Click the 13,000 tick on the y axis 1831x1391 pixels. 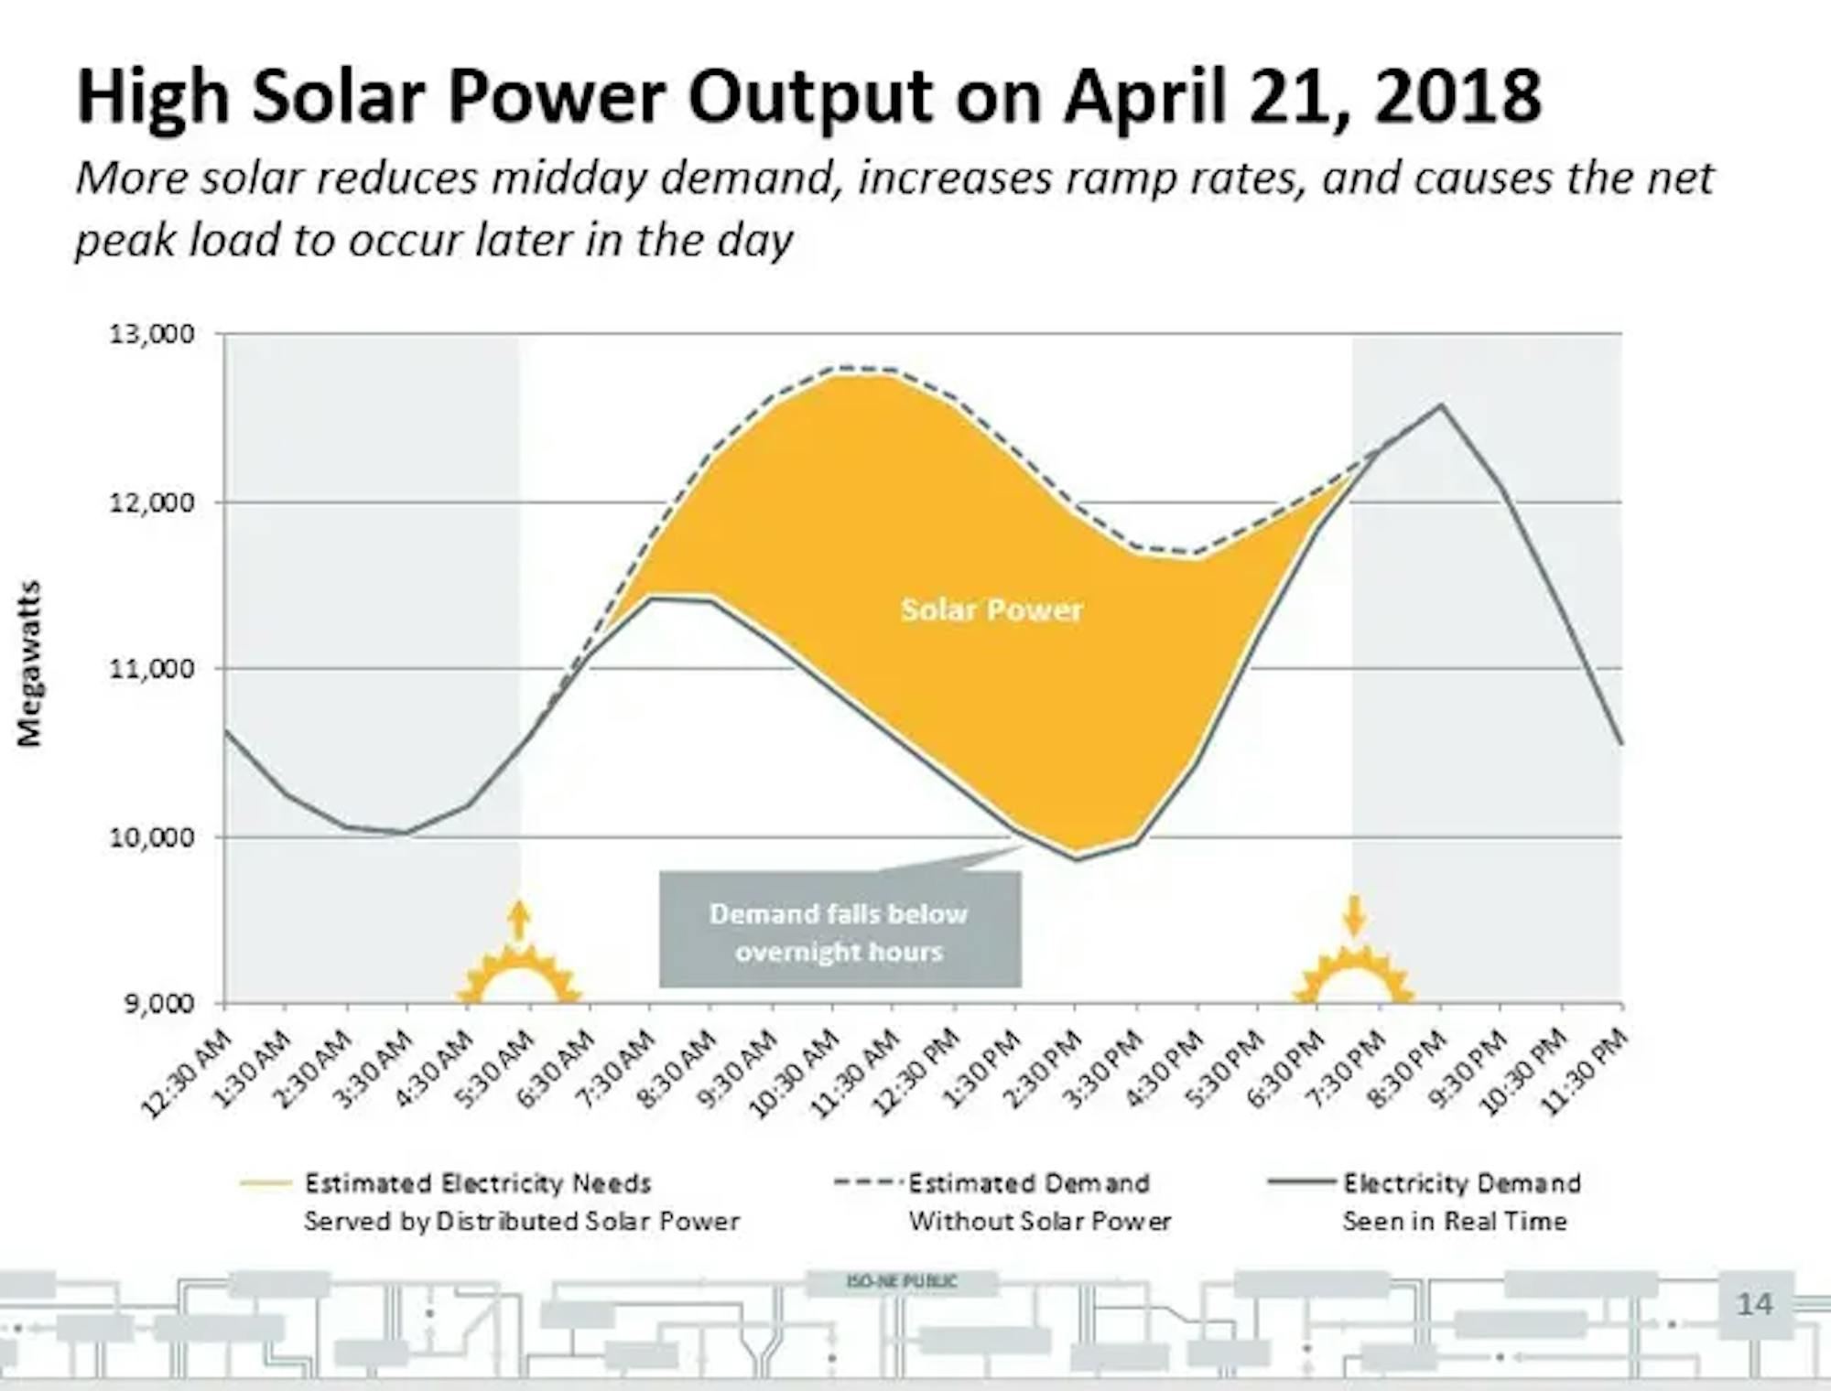pyautogui.click(x=153, y=334)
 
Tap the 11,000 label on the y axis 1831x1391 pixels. pyautogui.click(x=153, y=670)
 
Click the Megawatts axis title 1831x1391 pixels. pyautogui.click(x=29, y=663)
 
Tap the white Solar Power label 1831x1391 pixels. pyautogui.click(x=991, y=610)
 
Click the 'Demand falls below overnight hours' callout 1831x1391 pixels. pyautogui.click(x=840, y=932)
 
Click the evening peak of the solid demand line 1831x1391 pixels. pyautogui.click(x=1440, y=405)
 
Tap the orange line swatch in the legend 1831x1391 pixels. pyautogui.click(x=265, y=1184)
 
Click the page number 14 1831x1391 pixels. pyautogui.click(x=1754, y=1304)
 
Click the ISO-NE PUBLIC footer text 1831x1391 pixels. pyautogui.click(x=902, y=1282)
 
